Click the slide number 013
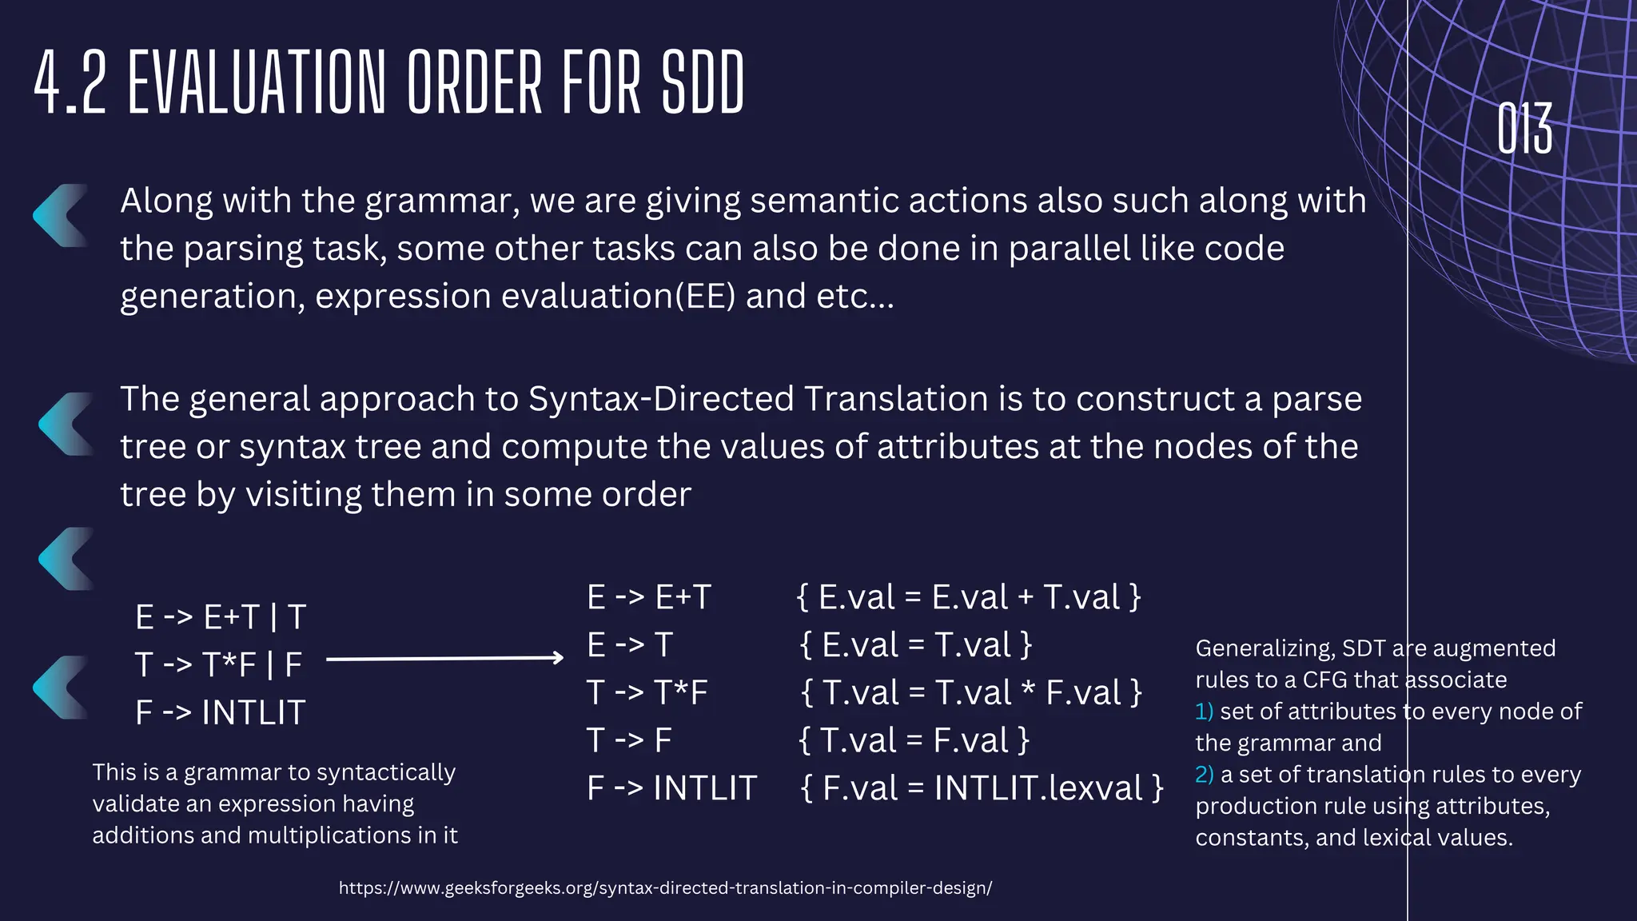[x=1524, y=129]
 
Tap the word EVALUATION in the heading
[x=257, y=82]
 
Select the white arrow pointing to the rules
[x=445, y=659]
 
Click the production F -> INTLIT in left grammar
[x=221, y=712]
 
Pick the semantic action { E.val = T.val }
[x=916, y=645]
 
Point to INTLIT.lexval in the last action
[x=1040, y=788]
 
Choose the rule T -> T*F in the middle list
[x=647, y=692]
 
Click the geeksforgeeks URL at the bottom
[x=665, y=887]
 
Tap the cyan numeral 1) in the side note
[x=1204, y=712]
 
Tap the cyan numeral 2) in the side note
[x=1205, y=775]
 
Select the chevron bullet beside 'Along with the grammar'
[x=61, y=216]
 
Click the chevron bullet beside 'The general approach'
[x=66, y=424]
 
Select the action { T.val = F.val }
[x=914, y=740]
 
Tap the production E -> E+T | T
[x=221, y=617]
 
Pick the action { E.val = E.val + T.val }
[x=969, y=597]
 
